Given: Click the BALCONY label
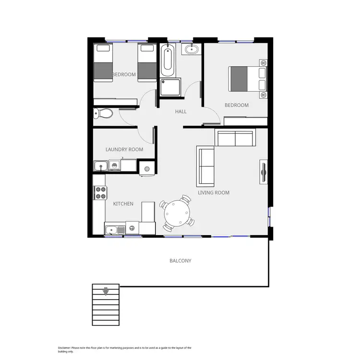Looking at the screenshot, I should (180, 261).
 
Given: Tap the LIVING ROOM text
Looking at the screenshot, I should (214, 192).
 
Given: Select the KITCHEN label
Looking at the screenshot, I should (123, 204).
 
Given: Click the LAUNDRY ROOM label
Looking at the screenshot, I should (124, 149).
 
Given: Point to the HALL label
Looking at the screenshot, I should (180, 111).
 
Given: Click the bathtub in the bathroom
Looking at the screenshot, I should (168, 61).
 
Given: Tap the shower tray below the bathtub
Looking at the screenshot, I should (170, 87).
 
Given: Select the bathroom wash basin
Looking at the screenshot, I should (192, 49).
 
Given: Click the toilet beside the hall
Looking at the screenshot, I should (103, 114).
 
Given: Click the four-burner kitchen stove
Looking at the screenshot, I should (101, 192).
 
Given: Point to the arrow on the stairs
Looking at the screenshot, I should (105, 290).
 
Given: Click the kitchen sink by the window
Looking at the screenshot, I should (114, 229).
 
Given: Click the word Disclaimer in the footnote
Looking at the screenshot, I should (64, 348).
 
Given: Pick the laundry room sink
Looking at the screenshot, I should (101, 166).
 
